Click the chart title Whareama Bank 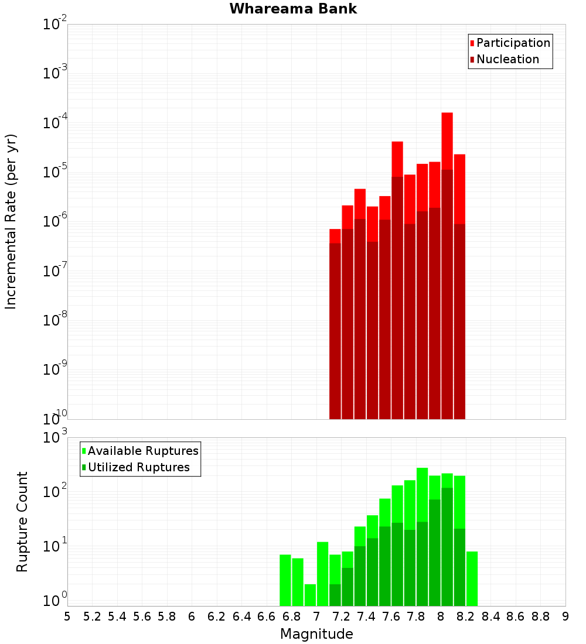[x=293, y=9]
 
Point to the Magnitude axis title [x=316, y=634]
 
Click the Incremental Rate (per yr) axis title [x=11, y=221]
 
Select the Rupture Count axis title [x=22, y=521]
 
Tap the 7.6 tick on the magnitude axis [x=391, y=616]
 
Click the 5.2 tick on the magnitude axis [x=93, y=616]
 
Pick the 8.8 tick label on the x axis [x=541, y=616]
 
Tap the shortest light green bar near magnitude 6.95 [x=310, y=595]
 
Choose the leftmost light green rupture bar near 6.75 [x=285, y=580]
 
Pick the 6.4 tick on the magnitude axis [x=242, y=616]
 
